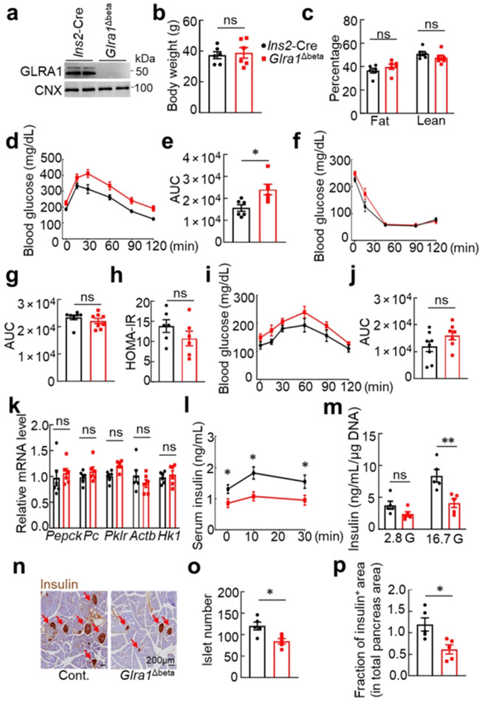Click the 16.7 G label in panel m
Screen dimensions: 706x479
[435, 550]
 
